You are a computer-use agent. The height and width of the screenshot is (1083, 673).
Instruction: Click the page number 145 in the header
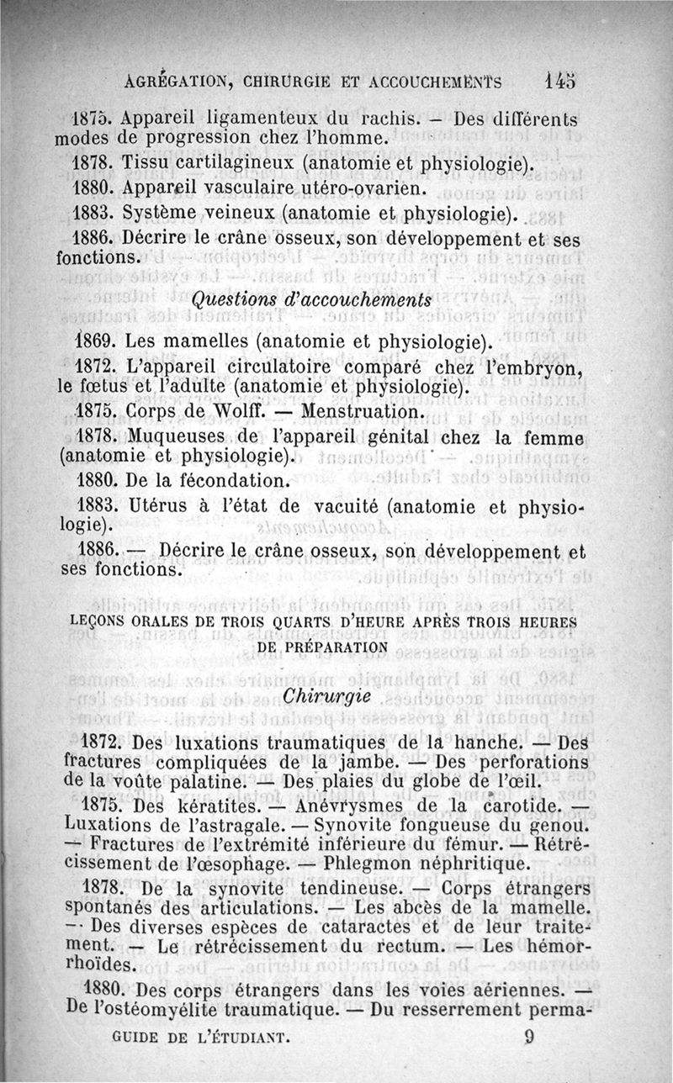click(559, 81)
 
